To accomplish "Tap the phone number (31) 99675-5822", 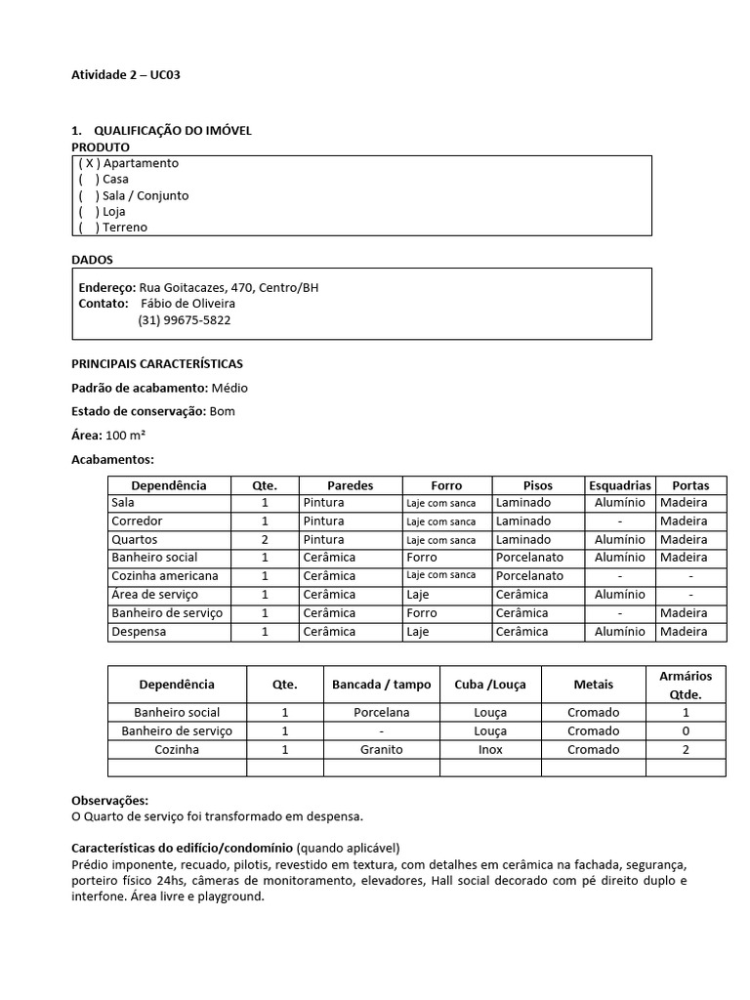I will [185, 320].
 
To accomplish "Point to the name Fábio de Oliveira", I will [195, 304].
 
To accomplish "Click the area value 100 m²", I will [126, 435].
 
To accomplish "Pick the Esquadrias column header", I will [619, 485].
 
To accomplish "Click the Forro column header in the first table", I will [446, 485].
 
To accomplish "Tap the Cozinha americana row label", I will [163, 576].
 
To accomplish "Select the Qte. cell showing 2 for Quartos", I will [265, 540].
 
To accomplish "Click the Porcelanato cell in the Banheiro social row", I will [529, 558].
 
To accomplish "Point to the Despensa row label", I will [140, 632].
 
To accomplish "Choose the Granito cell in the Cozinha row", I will [381, 750].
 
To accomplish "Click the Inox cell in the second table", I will [490, 750].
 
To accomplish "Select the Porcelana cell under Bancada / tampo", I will [381, 713].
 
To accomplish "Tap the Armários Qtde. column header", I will [685, 685].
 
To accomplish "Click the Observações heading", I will [110, 800].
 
